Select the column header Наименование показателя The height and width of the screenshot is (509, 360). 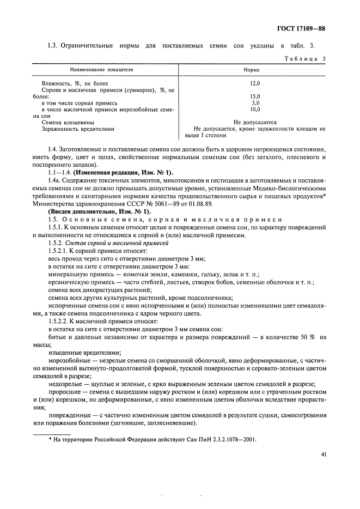click(x=103, y=70)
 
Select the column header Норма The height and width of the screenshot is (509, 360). click(x=252, y=70)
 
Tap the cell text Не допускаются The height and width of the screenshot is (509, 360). click(x=254, y=123)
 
